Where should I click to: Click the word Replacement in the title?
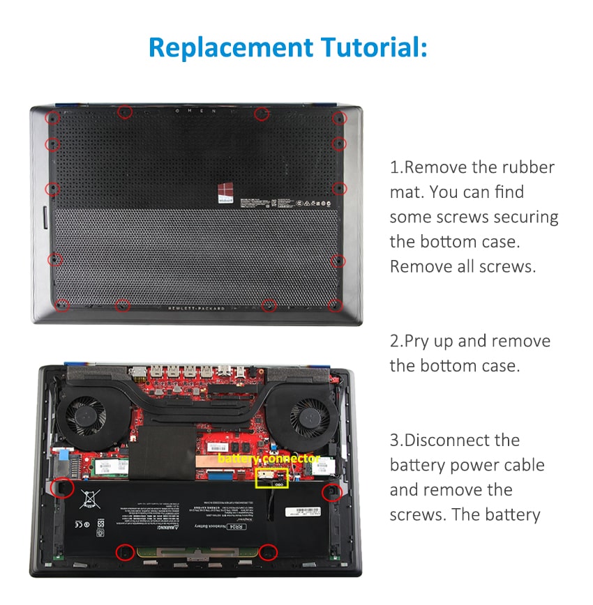(x=230, y=48)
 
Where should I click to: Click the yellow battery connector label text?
(x=269, y=459)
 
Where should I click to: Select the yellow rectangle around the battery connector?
(x=272, y=477)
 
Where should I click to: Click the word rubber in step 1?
(x=527, y=167)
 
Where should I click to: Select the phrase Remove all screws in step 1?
(x=463, y=266)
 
